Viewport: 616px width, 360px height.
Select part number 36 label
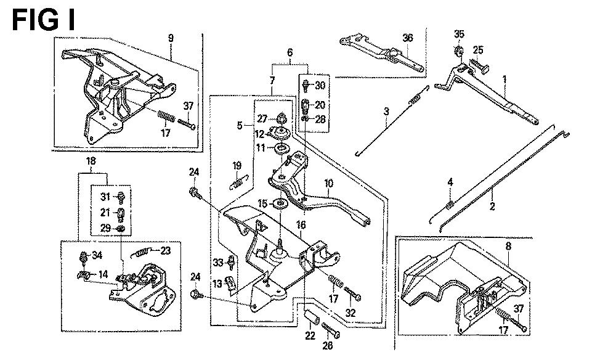407,38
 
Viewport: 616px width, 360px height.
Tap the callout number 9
171,38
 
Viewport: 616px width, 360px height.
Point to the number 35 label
459,33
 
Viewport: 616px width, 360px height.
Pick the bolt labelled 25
479,63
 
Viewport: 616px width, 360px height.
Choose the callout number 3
386,112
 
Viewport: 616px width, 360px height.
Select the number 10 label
328,182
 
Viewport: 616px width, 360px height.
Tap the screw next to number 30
306,85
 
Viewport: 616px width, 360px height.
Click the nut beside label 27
281,117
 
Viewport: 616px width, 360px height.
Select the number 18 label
91,162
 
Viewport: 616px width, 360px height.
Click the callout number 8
508,246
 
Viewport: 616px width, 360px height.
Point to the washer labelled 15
280,204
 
